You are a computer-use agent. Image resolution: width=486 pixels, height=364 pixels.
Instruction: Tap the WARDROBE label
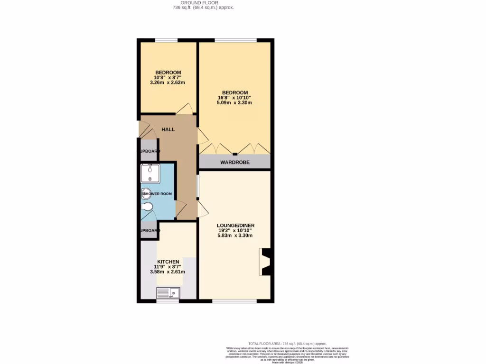(x=235, y=162)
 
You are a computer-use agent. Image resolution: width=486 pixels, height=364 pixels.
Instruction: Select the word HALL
(x=168, y=129)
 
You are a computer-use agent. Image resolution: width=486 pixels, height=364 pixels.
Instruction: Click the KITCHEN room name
(x=168, y=262)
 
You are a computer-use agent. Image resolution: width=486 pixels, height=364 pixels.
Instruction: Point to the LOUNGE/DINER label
(x=235, y=225)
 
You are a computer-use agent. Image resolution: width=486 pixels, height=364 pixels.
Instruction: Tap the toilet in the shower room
(x=148, y=207)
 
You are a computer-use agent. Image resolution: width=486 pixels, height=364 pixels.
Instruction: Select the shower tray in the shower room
(x=150, y=173)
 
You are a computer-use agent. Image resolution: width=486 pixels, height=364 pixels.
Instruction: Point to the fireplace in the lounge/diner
(x=265, y=262)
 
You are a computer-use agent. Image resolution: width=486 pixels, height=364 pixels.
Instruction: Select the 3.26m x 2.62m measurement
(x=167, y=82)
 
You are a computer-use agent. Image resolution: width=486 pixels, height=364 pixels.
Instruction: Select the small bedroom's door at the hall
(x=184, y=109)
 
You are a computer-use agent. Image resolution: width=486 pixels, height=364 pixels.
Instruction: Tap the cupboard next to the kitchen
(x=149, y=231)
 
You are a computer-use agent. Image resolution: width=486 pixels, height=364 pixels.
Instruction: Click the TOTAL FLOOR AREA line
(x=288, y=344)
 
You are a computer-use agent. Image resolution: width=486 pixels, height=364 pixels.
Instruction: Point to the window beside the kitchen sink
(x=168, y=301)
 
